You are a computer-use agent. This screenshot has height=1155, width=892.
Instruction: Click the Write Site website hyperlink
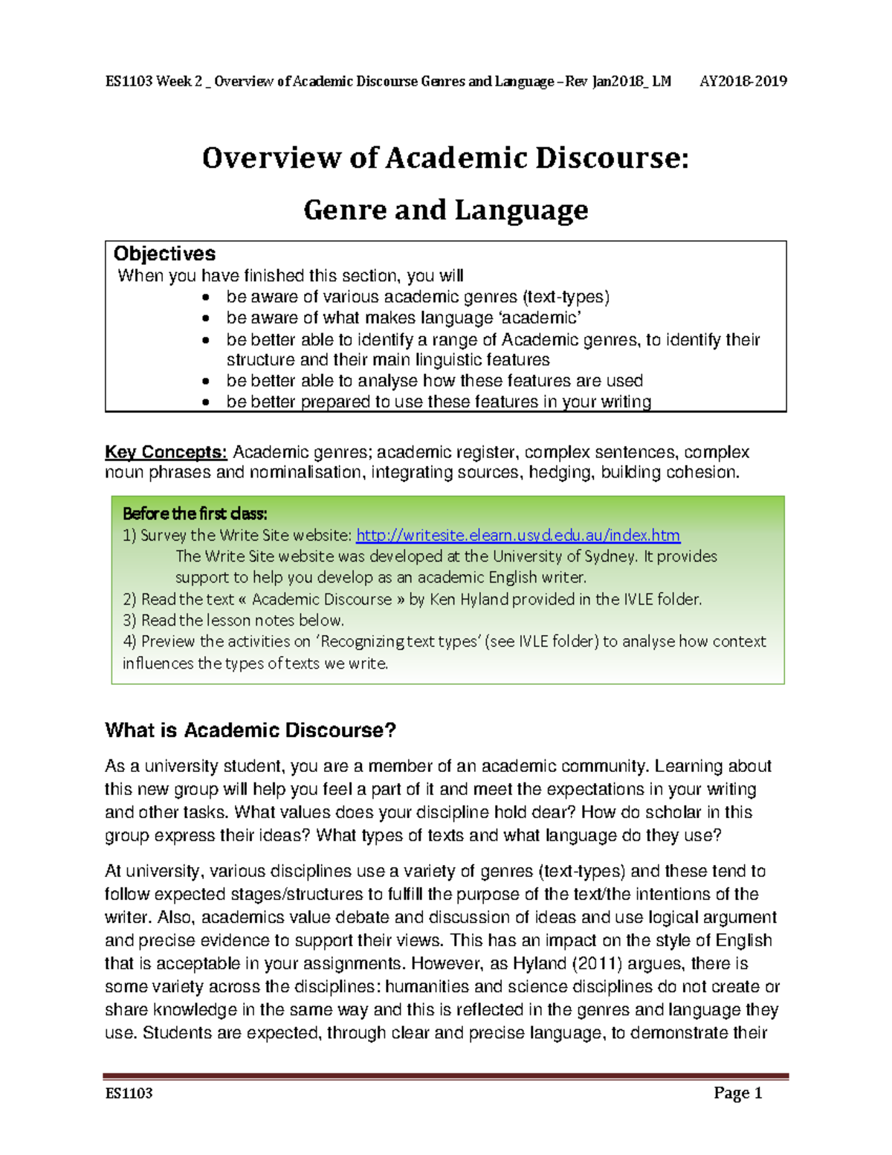[x=518, y=535]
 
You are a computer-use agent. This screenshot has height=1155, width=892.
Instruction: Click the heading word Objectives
[x=164, y=254]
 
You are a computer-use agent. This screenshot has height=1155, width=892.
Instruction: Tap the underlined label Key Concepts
[x=166, y=452]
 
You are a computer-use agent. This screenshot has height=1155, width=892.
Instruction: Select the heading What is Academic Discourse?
[x=251, y=730]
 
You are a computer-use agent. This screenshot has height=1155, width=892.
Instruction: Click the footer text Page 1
[x=737, y=1093]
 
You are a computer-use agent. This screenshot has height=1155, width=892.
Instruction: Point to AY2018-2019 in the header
[x=743, y=82]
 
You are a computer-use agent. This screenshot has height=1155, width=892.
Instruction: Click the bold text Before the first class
[x=195, y=514]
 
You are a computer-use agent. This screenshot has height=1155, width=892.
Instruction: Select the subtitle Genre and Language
[x=445, y=210]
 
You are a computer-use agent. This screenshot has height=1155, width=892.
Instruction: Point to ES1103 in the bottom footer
[x=129, y=1093]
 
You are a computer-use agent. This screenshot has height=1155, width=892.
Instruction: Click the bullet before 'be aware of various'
[x=206, y=297]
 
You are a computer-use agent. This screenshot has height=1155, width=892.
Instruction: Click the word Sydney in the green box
[x=611, y=556]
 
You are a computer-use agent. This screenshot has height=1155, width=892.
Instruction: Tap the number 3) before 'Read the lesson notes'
[x=129, y=620]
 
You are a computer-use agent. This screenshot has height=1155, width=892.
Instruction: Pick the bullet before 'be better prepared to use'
[x=206, y=402]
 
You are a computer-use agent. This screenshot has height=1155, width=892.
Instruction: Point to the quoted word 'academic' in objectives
[x=540, y=318]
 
